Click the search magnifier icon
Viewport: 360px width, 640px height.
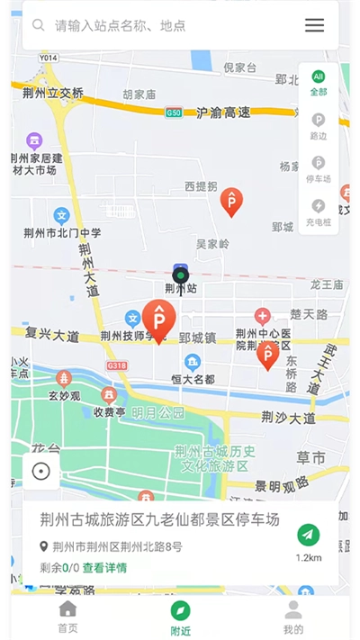coord(39,25)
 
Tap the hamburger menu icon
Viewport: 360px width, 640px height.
coord(314,25)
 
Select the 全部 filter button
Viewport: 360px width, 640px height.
coord(319,84)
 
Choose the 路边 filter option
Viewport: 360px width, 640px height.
coord(319,125)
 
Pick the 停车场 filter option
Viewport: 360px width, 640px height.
coord(319,168)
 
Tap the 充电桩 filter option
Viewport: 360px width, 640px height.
coord(319,212)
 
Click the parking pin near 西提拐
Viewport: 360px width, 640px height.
coord(231,202)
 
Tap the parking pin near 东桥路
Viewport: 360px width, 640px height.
coord(267,355)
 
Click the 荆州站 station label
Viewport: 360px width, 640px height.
coord(180,289)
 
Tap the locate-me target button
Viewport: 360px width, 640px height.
coord(40,471)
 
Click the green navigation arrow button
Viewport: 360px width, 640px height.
coord(309,535)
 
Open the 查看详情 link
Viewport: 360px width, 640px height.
coord(104,568)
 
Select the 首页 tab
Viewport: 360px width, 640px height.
coord(67,617)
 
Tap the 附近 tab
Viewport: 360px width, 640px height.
coord(180,617)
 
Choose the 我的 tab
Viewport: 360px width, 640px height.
coord(293,617)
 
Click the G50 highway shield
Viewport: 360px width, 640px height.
coord(174,113)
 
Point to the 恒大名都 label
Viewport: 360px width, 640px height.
coord(192,379)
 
